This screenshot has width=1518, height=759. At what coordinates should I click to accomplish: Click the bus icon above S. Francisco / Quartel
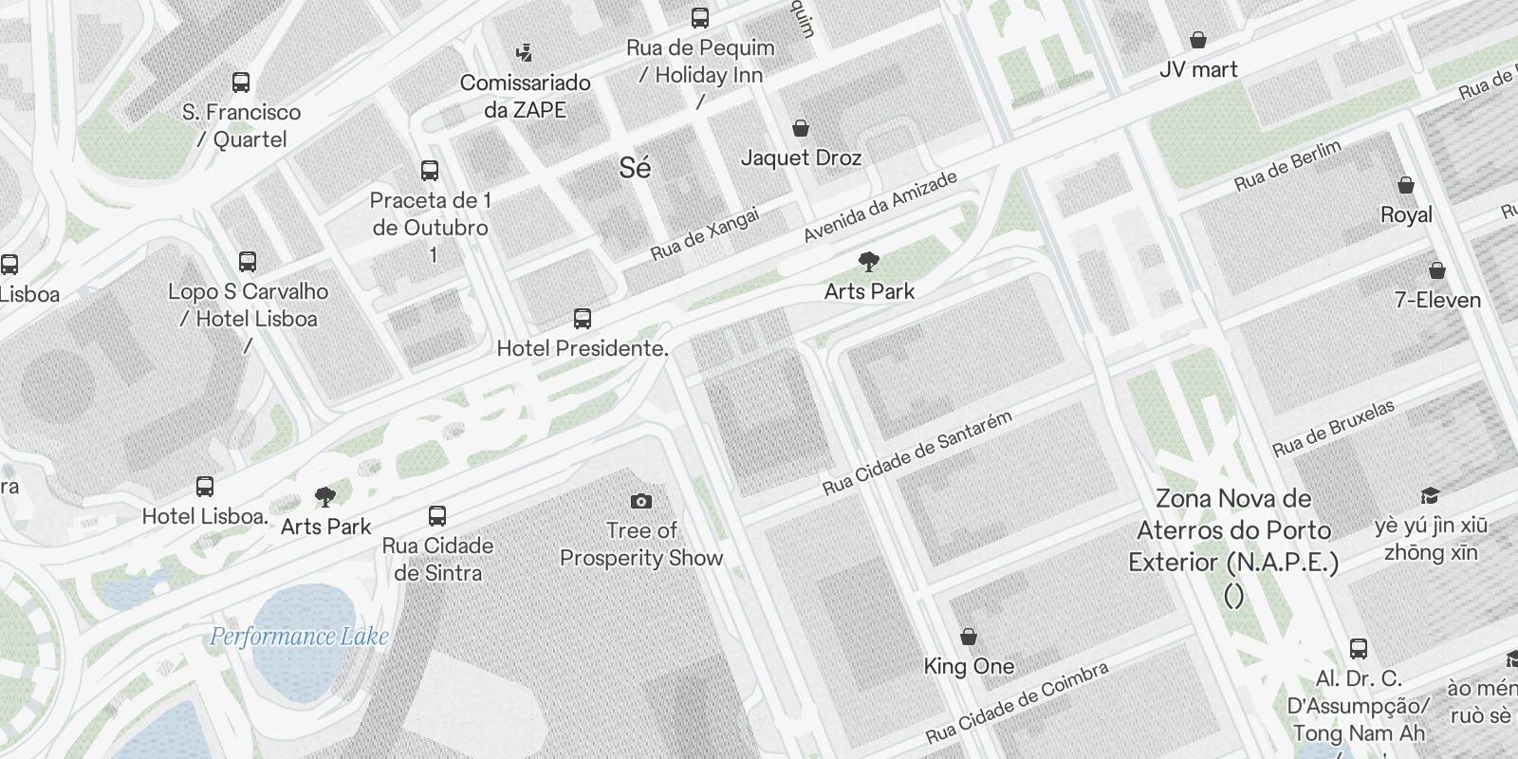tap(241, 83)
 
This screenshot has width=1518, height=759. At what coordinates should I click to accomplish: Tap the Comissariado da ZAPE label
tap(525, 96)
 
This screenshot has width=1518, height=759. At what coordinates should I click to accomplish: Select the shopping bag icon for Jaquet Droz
tap(801, 128)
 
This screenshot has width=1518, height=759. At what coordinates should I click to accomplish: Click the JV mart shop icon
tap(1198, 40)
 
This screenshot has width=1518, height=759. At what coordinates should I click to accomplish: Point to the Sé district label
tap(635, 168)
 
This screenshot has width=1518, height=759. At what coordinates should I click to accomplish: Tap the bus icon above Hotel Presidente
tap(583, 319)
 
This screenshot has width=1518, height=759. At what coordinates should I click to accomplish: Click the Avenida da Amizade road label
tap(879, 207)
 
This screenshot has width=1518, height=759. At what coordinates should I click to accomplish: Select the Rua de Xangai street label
tap(705, 234)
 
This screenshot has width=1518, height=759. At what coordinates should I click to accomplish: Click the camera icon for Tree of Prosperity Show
tap(641, 501)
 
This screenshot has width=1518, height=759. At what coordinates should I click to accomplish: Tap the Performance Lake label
tap(299, 637)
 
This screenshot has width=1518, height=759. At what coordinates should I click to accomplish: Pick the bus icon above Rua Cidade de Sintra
tap(436, 516)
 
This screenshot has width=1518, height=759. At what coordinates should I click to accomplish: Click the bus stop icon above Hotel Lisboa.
tap(204, 487)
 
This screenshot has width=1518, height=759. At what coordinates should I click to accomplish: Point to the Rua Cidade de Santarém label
tap(917, 453)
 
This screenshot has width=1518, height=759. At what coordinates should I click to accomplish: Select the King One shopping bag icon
tap(969, 636)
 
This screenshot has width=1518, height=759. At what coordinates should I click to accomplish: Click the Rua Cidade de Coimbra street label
tap(1017, 702)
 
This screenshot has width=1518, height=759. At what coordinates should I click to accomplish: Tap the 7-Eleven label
tap(1437, 300)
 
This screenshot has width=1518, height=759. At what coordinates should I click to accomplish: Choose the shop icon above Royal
tap(1405, 185)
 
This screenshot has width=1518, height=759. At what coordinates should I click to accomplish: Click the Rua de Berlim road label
tap(1288, 165)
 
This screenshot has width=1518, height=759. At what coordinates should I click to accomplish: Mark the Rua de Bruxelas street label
tap(1333, 427)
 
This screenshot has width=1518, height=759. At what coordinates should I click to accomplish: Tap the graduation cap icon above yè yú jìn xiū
tap(1430, 496)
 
